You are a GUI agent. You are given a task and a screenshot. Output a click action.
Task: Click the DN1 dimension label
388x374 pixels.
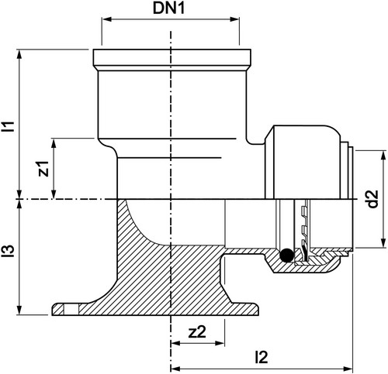click(x=168, y=9)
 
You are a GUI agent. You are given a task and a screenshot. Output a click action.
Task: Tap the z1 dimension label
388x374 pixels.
click(x=43, y=169)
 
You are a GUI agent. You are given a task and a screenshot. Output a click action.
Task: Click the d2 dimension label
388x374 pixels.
click(x=372, y=199)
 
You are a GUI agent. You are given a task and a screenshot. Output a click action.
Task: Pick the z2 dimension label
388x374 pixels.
click(x=197, y=332)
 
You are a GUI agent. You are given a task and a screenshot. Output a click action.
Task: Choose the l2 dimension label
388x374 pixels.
click(x=261, y=358)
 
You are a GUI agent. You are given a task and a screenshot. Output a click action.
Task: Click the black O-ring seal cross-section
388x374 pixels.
click(x=286, y=256)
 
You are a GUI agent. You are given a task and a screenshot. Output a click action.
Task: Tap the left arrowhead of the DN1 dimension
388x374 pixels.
click(x=106, y=19)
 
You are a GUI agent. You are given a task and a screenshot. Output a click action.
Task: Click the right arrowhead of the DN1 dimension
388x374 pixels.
click(x=234, y=19)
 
